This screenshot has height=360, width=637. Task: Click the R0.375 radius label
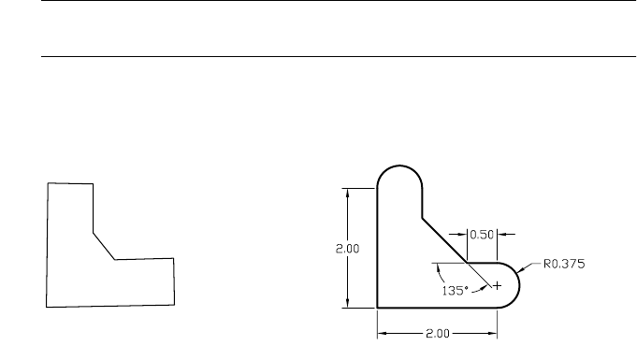coord(564,264)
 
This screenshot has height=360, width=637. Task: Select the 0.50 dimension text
coord(482,235)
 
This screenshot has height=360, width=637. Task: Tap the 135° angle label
coord(455,291)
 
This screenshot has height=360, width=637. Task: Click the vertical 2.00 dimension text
coord(347,249)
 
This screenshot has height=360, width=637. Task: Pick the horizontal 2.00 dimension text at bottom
coord(438,334)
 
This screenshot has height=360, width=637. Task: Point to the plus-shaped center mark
coord(497,286)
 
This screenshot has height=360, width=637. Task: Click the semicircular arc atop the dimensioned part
coord(399,166)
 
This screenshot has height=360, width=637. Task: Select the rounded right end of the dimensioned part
coord(519,285)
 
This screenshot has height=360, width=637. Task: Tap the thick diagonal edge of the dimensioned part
coord(444,240)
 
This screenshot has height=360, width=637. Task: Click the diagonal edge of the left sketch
coord(104,246)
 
